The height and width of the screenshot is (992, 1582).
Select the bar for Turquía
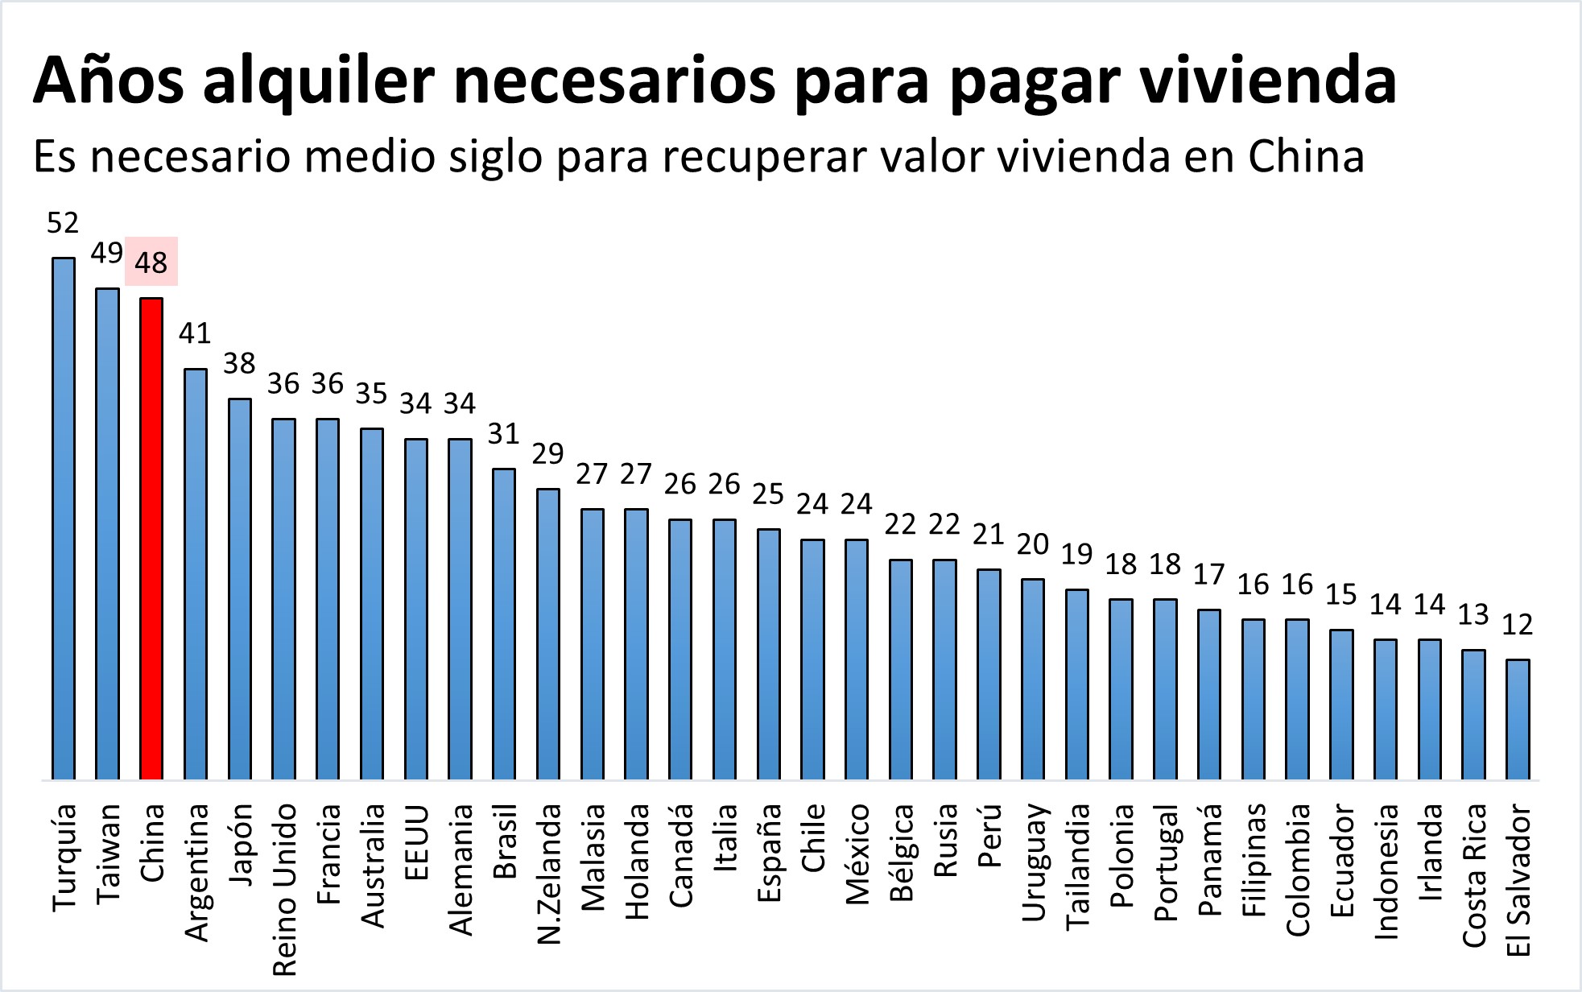tap(64, 519)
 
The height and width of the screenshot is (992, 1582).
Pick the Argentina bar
tap(196, 573)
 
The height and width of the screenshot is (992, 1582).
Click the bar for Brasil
tap(504, 623)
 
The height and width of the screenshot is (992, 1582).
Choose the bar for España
tap(768, 654)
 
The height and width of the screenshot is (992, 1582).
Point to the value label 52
tap(63, 223)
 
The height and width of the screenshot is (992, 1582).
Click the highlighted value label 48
tap(151, 262)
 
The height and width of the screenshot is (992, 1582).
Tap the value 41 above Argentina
tap(195, 333)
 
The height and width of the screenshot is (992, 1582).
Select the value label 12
tap(1518, 625)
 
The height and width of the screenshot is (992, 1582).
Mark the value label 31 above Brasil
tap(504, 434)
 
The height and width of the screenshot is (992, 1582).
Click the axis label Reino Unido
tap(285, 889)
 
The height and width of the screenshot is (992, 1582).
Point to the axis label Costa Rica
tap(1473, 875)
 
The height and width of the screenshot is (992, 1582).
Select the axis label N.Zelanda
tap(548, 874)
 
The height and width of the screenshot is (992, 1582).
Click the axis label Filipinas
tap(1253, 860)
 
